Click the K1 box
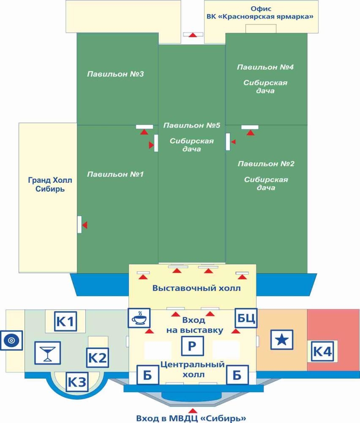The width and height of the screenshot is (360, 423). [x=65, y=321]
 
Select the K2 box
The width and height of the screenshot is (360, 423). [x=98, y=358]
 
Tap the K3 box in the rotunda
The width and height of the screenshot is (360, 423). [x=77, y=382]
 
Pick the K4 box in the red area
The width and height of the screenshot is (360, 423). [x=322, y=351]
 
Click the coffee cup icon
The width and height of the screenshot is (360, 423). [x=139, y=318]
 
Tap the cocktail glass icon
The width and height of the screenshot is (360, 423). [x=48, y=353]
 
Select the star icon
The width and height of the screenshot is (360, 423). [x=281, y=340]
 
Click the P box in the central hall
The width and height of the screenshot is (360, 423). [x=192, y=346]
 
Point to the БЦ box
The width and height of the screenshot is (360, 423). [x=246, y=318]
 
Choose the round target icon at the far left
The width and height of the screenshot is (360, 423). [x=11, y=341]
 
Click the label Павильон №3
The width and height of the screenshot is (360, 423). [x=115, y=74]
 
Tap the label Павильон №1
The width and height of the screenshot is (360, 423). [x=115, y=174]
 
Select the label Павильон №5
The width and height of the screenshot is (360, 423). [x=191, y=125]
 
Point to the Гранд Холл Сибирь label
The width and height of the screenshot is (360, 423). [x=50, y=184]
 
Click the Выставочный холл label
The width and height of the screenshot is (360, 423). [x=196, y=288]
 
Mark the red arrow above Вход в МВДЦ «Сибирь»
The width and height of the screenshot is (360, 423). [x=192, y=411]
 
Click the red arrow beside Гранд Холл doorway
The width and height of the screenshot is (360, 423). [x=85, y=225]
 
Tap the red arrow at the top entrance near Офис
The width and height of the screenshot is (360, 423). [x=192, y=35]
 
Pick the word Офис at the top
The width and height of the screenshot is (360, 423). [x=261, y=9]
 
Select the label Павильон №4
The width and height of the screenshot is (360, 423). [x=265, y=67]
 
